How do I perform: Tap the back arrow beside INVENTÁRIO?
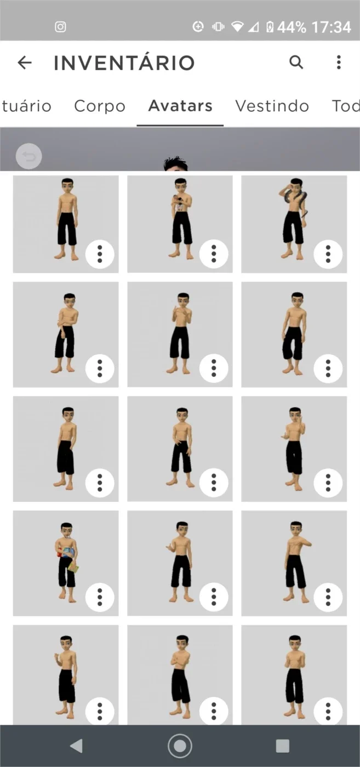point(25,62)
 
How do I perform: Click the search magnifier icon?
point(296,62)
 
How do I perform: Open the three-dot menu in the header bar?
point(339,62)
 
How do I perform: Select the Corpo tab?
point(100,106)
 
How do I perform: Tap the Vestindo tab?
point(272,106)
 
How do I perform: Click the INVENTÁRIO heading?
point(124,62)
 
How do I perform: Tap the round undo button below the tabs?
point(29,157)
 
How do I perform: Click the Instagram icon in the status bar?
point(61,27)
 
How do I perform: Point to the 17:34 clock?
point(331,27)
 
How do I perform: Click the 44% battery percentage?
point(292,27)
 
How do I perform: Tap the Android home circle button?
point(180,746)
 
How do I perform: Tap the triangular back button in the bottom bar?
point(76,746)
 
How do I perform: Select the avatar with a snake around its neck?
point(294,224)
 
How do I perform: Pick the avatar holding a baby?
point(180,224)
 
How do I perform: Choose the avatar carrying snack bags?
point(66,563)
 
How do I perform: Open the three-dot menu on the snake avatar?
point(328,254)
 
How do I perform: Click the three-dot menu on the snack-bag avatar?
point(100,597)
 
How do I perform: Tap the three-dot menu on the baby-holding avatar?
point(214,254)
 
